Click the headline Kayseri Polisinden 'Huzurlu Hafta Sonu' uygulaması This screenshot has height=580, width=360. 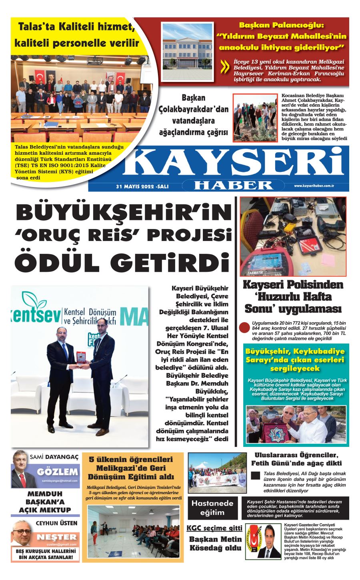click(293, 297)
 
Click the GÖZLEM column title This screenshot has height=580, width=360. click(57, 472)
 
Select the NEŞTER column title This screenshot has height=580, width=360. click(56, 537)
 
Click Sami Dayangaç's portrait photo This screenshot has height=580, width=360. click(24, 470)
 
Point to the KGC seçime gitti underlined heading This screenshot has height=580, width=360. click(214, 528)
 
